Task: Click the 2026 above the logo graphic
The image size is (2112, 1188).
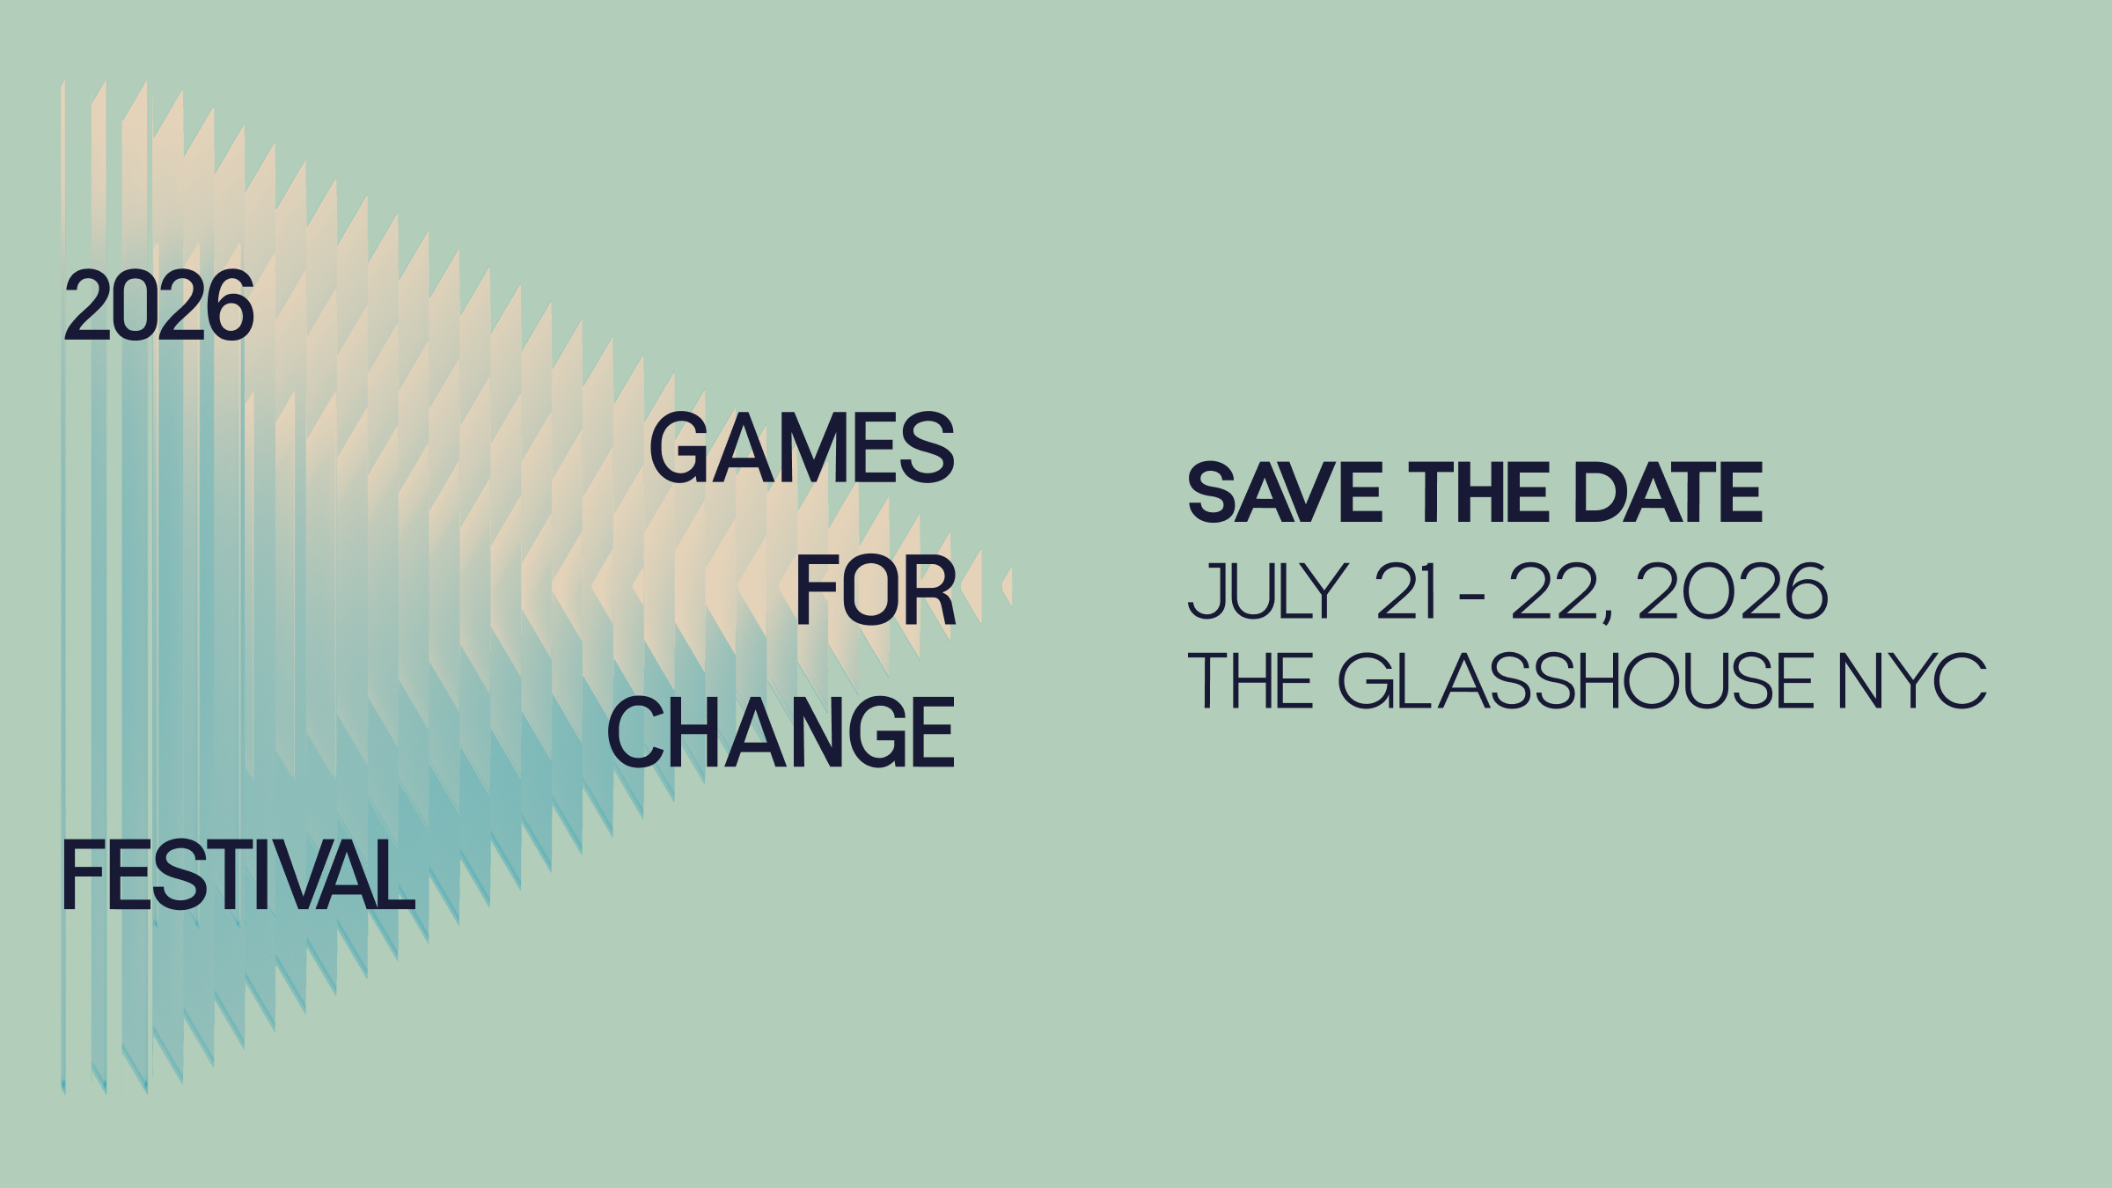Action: pyautogui.click(x=159, y=305)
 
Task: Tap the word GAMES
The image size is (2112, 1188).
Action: pyautogui.click(x=802, y=448)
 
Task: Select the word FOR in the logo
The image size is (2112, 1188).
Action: pyautogui.click(x=876, y=590)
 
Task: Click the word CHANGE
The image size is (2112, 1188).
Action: pyautogui.click(x=781, y=732)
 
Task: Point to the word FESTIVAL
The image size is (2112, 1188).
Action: pyautogui.click(x=238, y=875)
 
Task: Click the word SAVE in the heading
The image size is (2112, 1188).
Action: pyautogui.click(x=1285, y=493)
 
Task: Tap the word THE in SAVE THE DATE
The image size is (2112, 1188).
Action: pyautogui.click(x=1478, y=493)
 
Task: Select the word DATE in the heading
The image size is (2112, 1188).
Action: pyautogui.click(x=1668, y=493)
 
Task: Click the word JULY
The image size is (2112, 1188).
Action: pyautogui.click(x=1267, y=591)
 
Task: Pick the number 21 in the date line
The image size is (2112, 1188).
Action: pyautogui.click(x=1406, y=591)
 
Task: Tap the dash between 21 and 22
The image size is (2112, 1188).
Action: pyautogui.click(x=1472, y=598)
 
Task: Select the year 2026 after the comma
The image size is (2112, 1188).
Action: pyautogui.click(x=1732, y=591)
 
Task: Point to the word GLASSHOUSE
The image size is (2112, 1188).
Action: pyautogui.click(x=1575, y=680)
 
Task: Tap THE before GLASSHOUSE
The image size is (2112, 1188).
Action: pyautogui.click(x=1250, y=680)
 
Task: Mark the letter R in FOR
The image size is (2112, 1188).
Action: pyautogui.click(x=929, y=590)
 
